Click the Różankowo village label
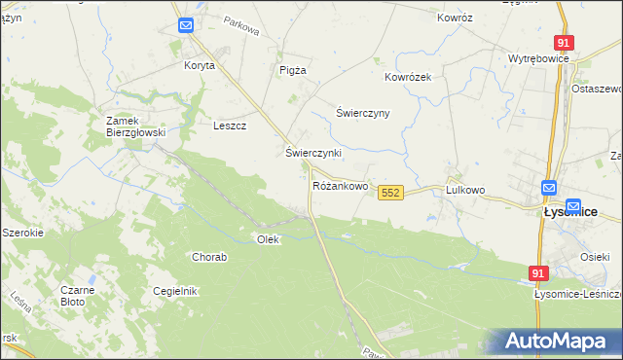coord(340,185)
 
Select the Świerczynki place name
coord(313,154)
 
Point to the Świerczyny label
coord(362,113)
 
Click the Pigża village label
coord(293,70)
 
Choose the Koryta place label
coord(199,66)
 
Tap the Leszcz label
coord(230,126)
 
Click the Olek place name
coord(268,238)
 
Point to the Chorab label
coord(209,258)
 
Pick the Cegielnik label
coord(175,291)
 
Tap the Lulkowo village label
coord(465,191)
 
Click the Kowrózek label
coord(414,77)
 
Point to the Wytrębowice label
coord(538,58)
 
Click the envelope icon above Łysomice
coord(549,188)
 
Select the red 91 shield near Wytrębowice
coord(564,43)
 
